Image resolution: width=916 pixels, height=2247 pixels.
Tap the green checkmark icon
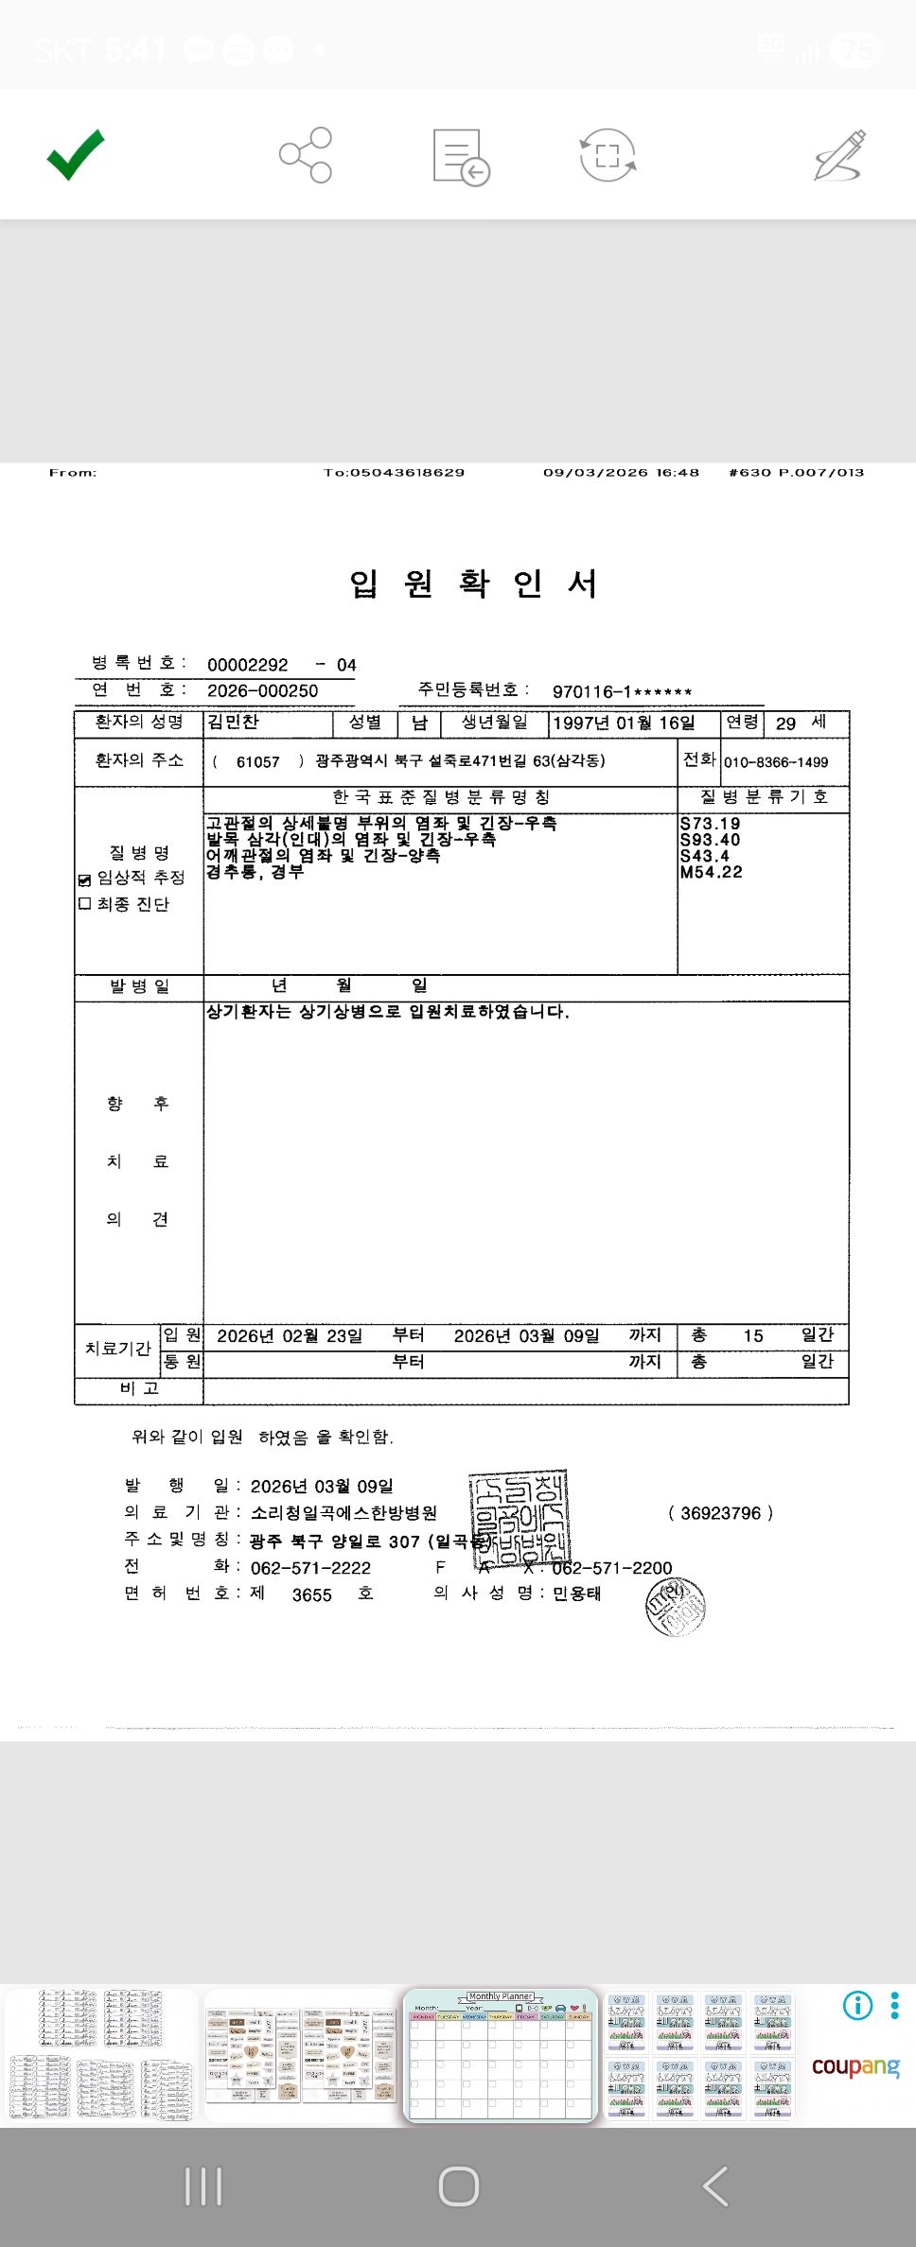click(x=76, y=154)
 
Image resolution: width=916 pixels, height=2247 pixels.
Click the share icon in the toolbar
click(x=306, y=155)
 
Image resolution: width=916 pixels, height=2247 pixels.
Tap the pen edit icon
click(x=840, y=155)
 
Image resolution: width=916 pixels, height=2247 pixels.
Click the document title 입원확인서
click(x=473, y=584)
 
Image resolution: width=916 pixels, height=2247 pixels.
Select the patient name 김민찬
click(x=233, y=723)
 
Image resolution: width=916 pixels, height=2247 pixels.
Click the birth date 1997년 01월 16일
click(x=624, y=723)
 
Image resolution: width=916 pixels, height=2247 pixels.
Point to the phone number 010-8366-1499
click(x=776, y=762)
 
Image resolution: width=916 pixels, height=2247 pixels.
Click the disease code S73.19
click(x=710, y=824)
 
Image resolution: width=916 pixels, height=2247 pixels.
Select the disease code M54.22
click(x=711, y=872)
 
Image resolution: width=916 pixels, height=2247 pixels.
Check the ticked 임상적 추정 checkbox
click(x=85, y=880)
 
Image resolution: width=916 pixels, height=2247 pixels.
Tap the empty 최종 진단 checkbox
click(x=85, y=904)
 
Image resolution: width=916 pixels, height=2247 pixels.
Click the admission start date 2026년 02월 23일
click(x=290, y=1336)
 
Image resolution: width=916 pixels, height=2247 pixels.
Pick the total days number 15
click(x=753, y=1336)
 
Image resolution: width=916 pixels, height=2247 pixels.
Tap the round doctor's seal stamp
click(x=676, y=1607)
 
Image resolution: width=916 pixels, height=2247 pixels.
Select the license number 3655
click(x=311, y=1595)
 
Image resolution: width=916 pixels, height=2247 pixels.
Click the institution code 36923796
click(x=720, y=1513)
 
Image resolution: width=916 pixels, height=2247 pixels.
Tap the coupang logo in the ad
click(x=855, y=2065)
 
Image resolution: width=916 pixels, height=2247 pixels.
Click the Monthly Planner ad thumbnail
click(x=501, y=2055)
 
